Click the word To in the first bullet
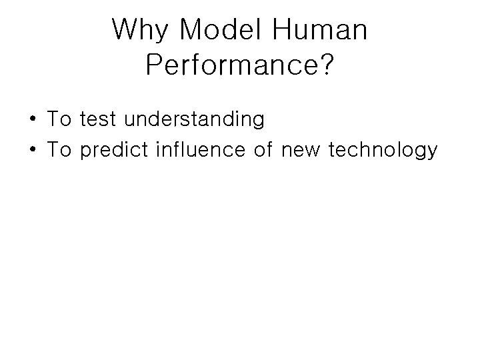coord(59,120)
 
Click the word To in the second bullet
coord(59,151)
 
